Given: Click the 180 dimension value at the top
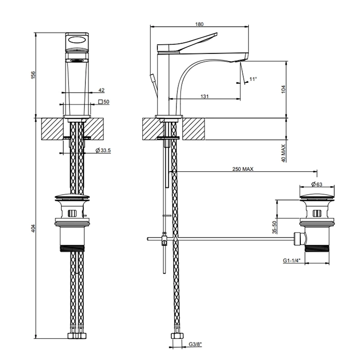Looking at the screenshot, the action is pos(200,24).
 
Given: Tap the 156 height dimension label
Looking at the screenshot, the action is pos(33,75).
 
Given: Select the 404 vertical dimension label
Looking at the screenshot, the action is pos(33,228).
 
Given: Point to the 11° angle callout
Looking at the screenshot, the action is pos(253,79).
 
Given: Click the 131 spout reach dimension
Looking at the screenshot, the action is pos(205,96).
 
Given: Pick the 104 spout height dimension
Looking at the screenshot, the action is pos(283,89).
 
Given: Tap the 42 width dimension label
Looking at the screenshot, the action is pos(101,90).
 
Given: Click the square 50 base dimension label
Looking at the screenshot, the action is pos(104,102).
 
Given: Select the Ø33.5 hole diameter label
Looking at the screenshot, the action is pos(103,150).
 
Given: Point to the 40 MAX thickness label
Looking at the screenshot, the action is pos(283,153).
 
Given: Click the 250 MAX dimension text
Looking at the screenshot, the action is pos(243,169).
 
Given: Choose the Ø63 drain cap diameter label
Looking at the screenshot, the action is pos(317,184).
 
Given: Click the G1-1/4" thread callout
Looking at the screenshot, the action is pos(292,260).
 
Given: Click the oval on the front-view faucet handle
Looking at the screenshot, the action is pos(77,40).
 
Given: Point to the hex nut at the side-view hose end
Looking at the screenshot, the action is pos(177,336).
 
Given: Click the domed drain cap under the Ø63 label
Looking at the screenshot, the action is pos(317,196).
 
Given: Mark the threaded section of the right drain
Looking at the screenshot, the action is pos(317,248).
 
